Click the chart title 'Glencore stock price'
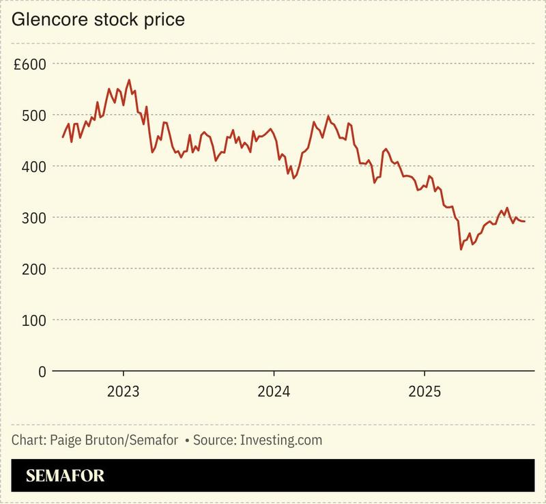[x=98, y=20]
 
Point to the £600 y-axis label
[x=29, y=64]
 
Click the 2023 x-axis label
[x=124, y=392]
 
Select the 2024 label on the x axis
[x=274, y=392]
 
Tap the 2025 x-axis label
[x=425, y=392]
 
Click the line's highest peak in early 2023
[x=129, y=80]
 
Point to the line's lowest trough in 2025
[x=461, y=249]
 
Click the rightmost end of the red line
[x=524, y=221]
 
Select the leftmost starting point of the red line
[x=63, y=137]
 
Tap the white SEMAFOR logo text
[x=66, y=476]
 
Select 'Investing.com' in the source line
[x=281, y=440]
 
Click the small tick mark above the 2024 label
[x=274, y=375]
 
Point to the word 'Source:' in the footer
[x=214, y=440]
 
